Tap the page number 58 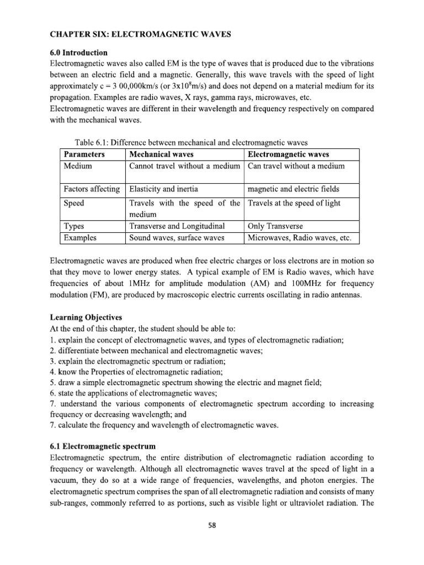tap(212, 525)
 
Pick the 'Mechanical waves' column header tap(161, 154)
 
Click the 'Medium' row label tap(78, 166)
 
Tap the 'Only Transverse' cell tap(275, 226)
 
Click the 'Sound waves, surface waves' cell tap(177, 238)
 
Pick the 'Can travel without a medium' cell tap(296, 166)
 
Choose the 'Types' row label tap(75, 226)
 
